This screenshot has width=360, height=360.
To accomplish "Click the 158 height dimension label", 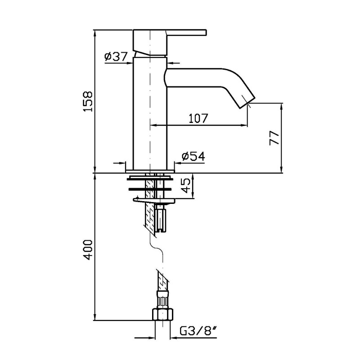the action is (88, 102).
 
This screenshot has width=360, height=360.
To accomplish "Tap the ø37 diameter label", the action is (116, 57).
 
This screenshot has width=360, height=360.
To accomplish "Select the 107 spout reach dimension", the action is (198, 118).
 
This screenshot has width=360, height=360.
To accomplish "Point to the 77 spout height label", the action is (274, 138).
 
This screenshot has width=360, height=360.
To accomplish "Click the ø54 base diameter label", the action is (193, 156).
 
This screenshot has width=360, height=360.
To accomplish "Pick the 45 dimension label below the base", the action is (186, 185).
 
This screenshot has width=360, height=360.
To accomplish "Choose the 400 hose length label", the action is (88, 250).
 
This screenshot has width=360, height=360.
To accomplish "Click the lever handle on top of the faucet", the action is (186, 32).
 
